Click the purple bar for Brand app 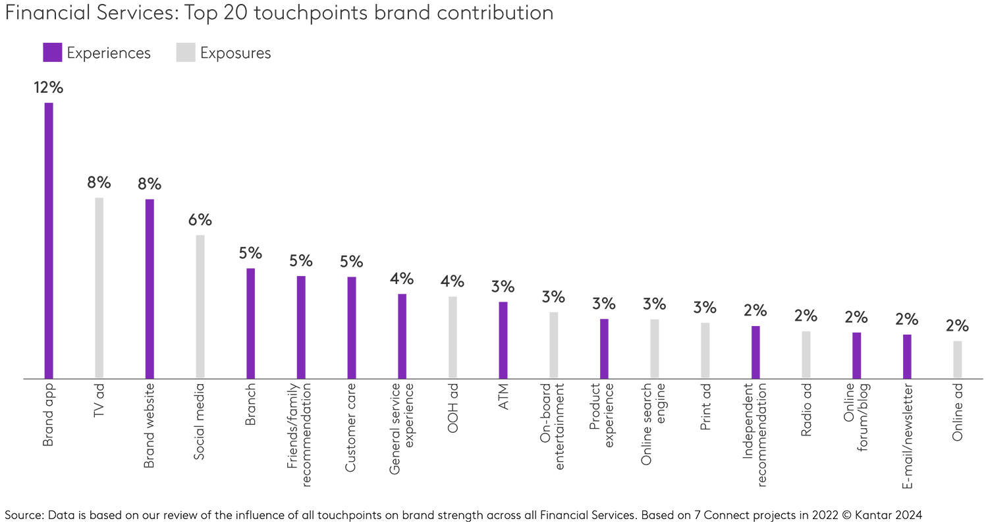(49, 240)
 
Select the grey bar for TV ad (99, 288)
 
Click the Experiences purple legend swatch (52, 53)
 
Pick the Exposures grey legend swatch (186, 53)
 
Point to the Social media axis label (200, 422)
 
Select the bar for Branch (250, 323)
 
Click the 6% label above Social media (200, 221)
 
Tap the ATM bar (503, 340)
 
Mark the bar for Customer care (352, 327)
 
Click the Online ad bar (958, 360)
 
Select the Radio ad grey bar (806, 354)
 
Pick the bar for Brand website (150, 289)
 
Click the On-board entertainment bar (554, 345)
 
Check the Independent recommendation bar (755, 352)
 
